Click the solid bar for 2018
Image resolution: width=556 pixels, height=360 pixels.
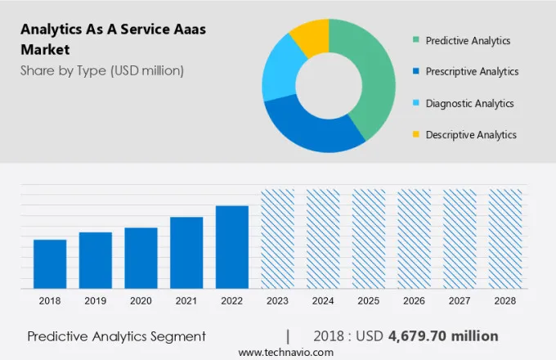coord(50,263)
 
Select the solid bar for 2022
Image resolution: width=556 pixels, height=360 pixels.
coord(232,246)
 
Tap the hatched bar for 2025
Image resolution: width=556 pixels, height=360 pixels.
coord(369,238)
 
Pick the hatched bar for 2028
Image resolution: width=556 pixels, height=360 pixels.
coord(505,238)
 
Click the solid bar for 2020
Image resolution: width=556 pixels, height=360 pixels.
coord(141,258)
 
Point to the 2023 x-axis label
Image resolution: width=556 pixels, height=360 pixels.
coord(277,301)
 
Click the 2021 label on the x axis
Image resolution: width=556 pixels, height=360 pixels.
coord(186,301)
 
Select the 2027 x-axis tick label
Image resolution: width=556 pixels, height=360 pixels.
coord(460,301)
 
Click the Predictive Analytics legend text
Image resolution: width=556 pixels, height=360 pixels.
coord(468,40)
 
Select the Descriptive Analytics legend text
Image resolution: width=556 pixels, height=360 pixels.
coord(471,135)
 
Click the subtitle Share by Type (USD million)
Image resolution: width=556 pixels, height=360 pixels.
coord(102,70)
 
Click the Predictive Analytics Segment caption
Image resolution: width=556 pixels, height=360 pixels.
coord(116,336)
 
